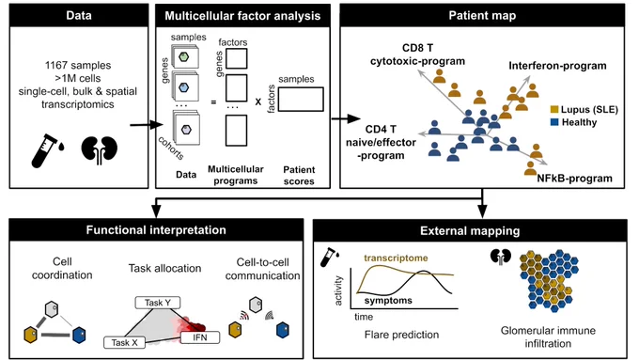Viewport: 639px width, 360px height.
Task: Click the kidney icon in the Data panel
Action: (99, 149)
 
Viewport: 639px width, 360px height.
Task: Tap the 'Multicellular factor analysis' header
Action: (242, 16)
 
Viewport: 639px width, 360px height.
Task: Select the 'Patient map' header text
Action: (482, 15)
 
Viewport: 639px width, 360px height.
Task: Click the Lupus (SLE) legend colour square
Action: (553, 109)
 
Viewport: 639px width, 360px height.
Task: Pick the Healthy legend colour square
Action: (553, 122)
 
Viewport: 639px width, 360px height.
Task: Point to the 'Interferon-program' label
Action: (557, 66)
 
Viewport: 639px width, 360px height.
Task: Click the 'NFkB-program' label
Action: (574, 179)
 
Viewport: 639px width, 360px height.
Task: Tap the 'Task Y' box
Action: (157, 303)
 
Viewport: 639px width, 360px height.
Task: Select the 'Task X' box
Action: (124, 342)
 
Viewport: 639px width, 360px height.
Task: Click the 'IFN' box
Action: (199, 337)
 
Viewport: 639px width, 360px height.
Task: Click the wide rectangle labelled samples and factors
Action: (301, 99)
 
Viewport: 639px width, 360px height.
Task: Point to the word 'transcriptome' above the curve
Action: (396, 258)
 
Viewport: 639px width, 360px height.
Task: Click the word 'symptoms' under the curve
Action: (388, 301)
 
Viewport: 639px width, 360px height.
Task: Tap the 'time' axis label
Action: (364, 317)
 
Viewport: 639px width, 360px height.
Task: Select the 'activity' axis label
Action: (338, 290)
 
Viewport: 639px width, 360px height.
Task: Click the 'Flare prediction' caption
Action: (401, 335)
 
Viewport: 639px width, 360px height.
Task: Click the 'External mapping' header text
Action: (470, 231)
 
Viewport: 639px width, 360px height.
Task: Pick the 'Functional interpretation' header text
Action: (156, 230)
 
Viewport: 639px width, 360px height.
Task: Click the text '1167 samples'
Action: (78, 65)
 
